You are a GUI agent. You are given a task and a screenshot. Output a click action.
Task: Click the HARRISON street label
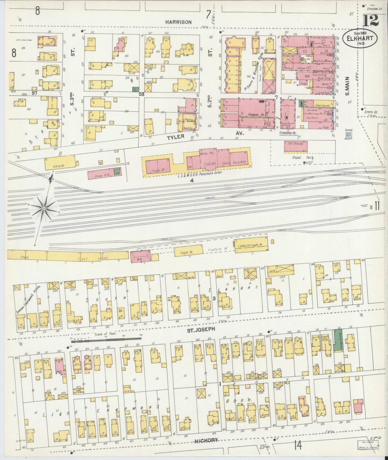point(178,22)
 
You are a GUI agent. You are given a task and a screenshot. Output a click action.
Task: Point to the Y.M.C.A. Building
point(296,146)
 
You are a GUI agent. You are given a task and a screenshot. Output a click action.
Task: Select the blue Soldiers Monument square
point(349,134)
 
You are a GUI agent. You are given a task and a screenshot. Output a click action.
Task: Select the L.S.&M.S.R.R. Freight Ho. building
point(251,245)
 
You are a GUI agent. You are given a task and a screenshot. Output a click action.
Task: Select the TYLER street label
point(176,137)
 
